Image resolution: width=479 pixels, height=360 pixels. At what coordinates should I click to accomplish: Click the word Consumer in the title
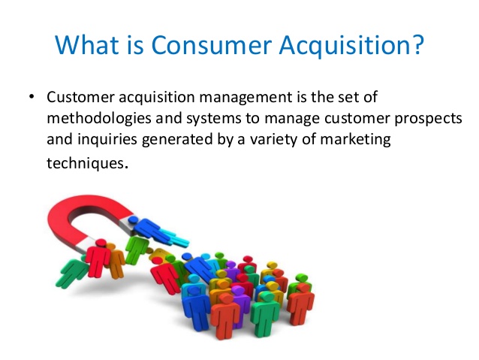pos(212,45)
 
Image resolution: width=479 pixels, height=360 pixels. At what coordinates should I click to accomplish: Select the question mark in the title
pos(416,44)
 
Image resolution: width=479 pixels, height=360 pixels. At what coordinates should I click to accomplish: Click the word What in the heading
pos(87,44)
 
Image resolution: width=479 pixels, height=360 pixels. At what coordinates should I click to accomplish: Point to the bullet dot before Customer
pos(31,97)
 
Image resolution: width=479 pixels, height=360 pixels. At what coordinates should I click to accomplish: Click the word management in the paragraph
pos(246,98)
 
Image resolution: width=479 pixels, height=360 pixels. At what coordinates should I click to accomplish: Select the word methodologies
pos(99,119)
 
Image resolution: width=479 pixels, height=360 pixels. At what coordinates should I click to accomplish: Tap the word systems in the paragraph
pos(214,119)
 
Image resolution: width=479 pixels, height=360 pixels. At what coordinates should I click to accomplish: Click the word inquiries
pos(107,140)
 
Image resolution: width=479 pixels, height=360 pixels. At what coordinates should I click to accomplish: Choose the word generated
pos(177,140)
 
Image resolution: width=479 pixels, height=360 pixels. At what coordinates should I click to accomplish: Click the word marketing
pos(355,140)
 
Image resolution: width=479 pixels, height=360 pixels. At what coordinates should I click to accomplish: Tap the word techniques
pos(86,163)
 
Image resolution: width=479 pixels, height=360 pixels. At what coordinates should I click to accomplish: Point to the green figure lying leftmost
pos(72,272)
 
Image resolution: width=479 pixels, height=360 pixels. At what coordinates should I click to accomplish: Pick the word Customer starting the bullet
pos(80,97)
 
